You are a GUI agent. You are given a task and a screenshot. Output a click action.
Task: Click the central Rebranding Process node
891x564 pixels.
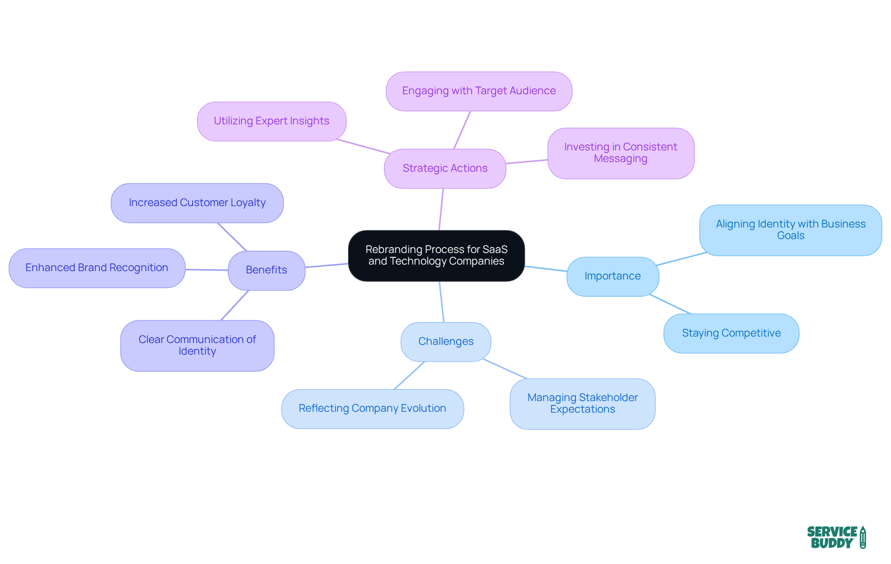[x=436, y=255]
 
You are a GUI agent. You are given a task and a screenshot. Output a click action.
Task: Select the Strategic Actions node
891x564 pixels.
[x=445, y=169]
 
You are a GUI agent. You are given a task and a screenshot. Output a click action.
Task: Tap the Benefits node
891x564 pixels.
[x=266, y=270]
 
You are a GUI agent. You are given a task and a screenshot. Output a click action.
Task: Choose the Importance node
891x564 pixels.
[x=613, y=276]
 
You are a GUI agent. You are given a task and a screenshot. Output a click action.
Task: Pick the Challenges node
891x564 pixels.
[x=445, y=342]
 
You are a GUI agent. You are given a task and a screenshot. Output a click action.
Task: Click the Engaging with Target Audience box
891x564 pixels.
[x=478, y=91]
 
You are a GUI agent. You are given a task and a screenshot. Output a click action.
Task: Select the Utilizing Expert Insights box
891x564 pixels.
[x=271, y=121]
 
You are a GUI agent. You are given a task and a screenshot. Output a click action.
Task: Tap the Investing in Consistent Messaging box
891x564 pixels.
[x=620, y=153]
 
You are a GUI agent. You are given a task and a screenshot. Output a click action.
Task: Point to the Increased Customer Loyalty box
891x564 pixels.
[x=197, y=203]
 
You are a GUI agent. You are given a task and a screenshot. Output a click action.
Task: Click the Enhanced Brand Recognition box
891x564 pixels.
[x=97, y=268]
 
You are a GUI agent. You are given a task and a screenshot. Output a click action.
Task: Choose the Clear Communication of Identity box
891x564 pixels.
[x=197, y=345]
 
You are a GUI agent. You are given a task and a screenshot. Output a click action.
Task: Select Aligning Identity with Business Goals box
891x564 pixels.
[x=790, y=230]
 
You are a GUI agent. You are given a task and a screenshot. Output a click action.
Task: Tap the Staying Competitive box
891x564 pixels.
[x=731, y=333]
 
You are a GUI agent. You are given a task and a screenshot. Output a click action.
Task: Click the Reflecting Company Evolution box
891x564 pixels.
[x=372, y=408]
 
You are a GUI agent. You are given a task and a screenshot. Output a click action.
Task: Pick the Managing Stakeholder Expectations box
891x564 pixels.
[x=582, y=403]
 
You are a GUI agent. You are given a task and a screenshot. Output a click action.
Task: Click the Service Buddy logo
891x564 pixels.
[x=836, y=537]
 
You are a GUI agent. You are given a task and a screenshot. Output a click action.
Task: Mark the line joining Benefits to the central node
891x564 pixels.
[x=327, y=266]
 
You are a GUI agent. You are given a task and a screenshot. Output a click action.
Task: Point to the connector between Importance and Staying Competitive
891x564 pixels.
[x=671, y=304]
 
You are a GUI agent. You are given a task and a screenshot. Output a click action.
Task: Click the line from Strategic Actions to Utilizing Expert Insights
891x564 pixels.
[x=363, y=146]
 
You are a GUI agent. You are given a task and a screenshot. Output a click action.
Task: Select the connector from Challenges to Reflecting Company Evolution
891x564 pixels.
[x=409, y=376]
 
